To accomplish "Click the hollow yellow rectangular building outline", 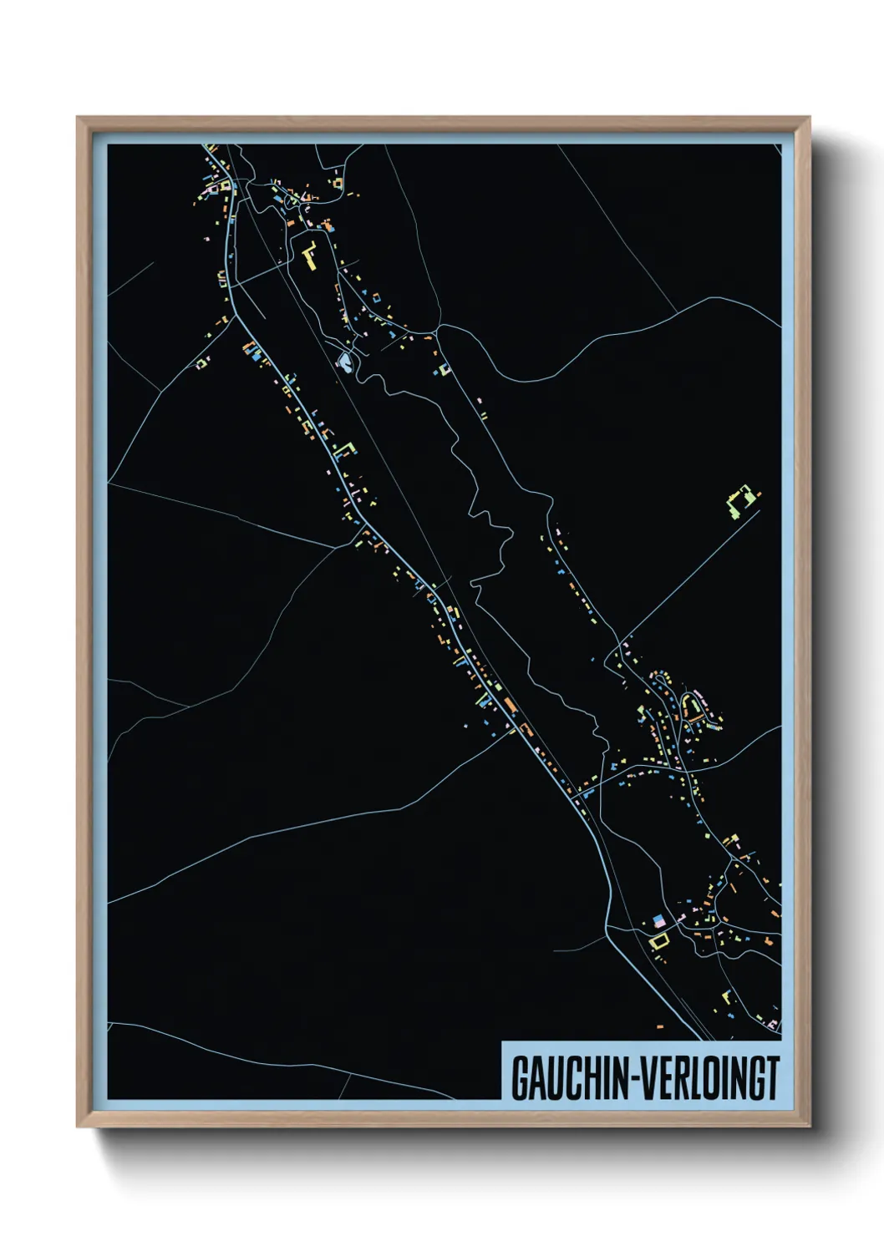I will [x=660, y=941].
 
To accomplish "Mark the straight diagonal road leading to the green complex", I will [x=690, y=576].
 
